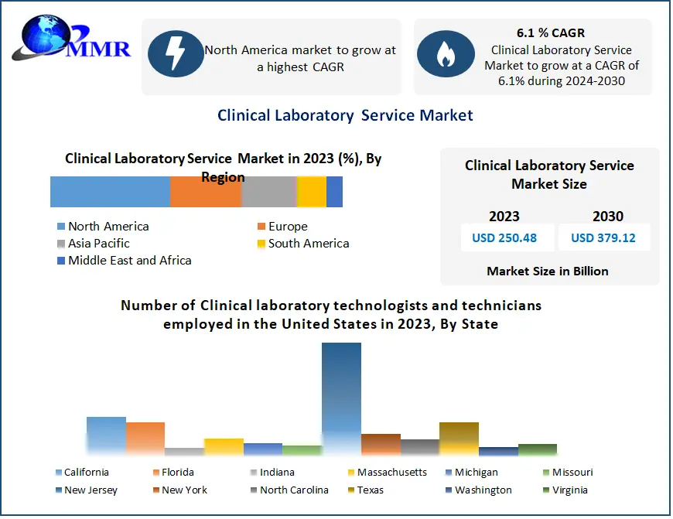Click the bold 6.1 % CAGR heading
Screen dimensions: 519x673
pos(551,33)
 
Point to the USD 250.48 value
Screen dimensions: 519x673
pos(504,237)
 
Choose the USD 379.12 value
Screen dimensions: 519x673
pos(603,237)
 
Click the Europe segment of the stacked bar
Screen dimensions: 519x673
pos(206,192)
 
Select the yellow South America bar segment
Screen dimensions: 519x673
pos(311,192)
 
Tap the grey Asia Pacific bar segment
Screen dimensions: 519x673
pos(269,192)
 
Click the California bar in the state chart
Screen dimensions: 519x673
pos(106,435)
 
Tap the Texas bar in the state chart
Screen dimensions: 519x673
pos(459,438)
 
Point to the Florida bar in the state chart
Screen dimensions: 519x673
pos(145,438)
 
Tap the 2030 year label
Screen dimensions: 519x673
pos(608,217)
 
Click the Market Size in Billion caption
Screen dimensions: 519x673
pos(547,271)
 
